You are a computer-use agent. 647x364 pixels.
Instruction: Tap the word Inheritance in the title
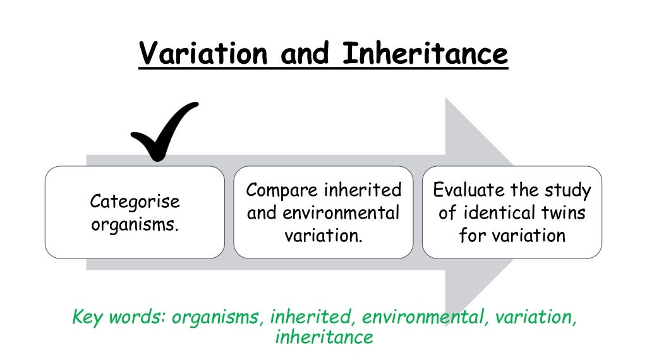(425, 54)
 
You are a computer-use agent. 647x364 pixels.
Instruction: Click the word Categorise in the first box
(135, 202)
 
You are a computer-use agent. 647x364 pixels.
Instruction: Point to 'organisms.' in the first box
(135, 224)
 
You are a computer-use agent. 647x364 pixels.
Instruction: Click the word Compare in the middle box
(281, 190)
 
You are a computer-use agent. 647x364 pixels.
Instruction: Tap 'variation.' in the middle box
(323, 235)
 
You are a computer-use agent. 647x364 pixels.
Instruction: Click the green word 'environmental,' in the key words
(422, 317)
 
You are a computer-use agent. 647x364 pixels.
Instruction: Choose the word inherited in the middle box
(363, 190)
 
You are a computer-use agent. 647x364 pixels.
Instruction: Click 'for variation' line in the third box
(512, 235)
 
